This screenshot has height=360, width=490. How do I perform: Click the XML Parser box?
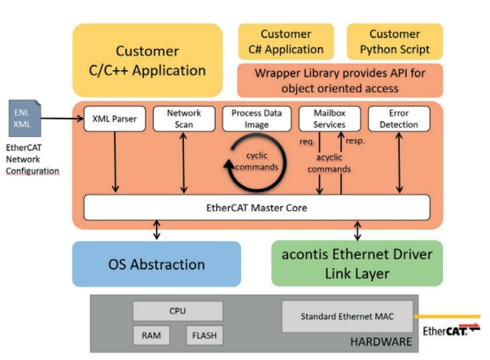coord(115,119)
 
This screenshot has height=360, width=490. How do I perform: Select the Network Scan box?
coord(183,119)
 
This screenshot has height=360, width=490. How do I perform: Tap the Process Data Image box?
coord(256,119)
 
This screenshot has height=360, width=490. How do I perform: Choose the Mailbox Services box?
coord(329,119)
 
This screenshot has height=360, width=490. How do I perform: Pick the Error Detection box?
coord(398,119)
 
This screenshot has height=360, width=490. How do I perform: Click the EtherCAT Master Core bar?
coord(256,208)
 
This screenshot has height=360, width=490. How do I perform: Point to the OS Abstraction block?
coord(156,264)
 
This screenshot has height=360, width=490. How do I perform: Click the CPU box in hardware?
coord(177,310)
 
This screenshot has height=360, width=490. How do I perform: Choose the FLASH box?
coord(203,335)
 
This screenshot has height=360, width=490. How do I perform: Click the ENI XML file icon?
coord(21,117)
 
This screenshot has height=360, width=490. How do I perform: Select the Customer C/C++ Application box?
coord(147,60)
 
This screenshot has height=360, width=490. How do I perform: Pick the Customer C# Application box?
coord(286,42)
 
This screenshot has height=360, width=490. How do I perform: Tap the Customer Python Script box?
coord(395,42)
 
